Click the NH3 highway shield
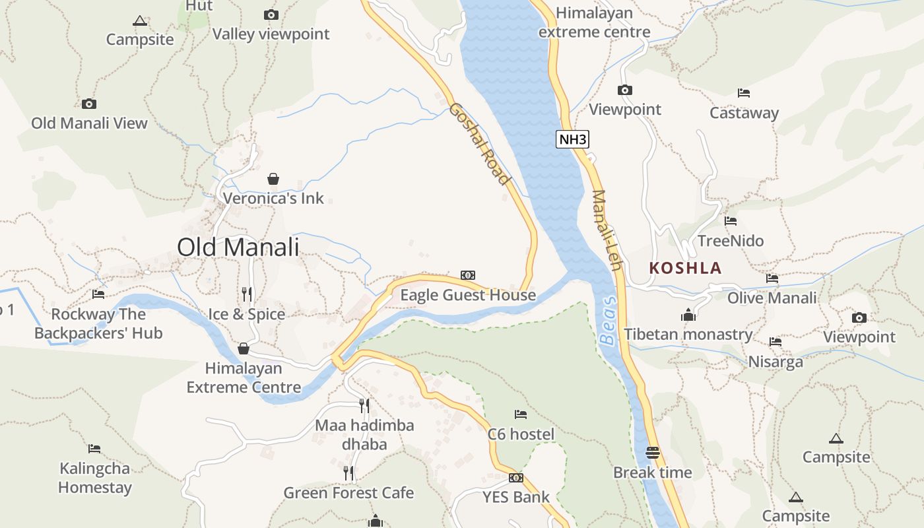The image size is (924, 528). point(572,139)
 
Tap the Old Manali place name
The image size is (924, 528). point(238,247)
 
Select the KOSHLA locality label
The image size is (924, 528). point(685,268)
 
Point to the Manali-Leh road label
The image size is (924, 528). point(607,230)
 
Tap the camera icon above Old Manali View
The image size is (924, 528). point(89,104)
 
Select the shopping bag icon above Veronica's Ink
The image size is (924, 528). point(273,179)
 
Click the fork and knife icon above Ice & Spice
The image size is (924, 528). point(247,294)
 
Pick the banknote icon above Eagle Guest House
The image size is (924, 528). point(467,275)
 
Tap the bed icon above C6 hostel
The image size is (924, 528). point(521,414)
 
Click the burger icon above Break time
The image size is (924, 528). point(653,453)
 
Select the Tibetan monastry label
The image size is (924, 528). point(688,334)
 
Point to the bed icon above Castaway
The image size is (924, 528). point(744,93)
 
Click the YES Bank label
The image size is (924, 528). point(515,497)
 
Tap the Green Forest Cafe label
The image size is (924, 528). point(348,492)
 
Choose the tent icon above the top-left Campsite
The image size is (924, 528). point(139,20)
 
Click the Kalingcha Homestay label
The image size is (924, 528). point(95,478)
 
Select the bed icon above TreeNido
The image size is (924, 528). point(730,221)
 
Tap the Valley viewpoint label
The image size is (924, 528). point(271,34)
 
